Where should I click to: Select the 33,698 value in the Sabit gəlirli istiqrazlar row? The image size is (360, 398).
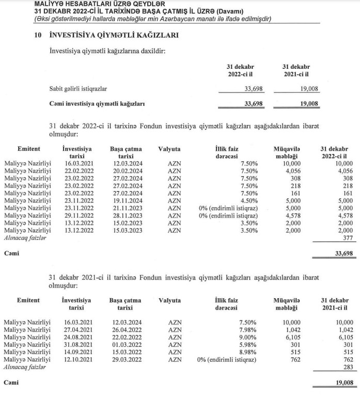[253, 89]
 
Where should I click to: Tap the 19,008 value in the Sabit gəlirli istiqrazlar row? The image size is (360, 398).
[308, 89]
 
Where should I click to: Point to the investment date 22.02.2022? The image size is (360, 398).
[76, 171]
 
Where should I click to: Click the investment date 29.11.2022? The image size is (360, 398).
[76, 215]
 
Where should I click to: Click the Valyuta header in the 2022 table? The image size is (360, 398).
[169, 149]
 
